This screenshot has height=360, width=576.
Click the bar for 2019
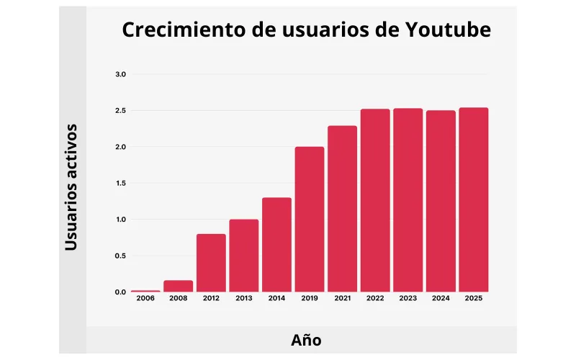point(309,219)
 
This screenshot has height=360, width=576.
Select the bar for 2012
point(211,263)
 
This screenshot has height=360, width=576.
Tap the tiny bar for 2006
point(145,291)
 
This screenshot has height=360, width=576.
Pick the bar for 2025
point(473,199)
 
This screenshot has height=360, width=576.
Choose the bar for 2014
point(276,244)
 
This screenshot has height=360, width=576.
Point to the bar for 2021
point(342,209)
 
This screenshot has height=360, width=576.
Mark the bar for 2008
point(178,286)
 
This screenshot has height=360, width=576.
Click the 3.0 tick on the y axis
point(120,75)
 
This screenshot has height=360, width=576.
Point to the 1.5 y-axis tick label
point(120,184)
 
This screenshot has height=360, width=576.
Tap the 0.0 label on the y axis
point(120,292)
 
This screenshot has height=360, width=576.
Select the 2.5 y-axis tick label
point(120,111)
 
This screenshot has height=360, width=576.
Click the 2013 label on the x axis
point(243,299)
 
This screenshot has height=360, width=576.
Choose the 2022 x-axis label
point(375,299)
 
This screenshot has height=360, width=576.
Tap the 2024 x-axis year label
point(441,299)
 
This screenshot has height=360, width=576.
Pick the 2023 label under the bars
point(408,299)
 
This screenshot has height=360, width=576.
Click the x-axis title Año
point(306,340)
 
